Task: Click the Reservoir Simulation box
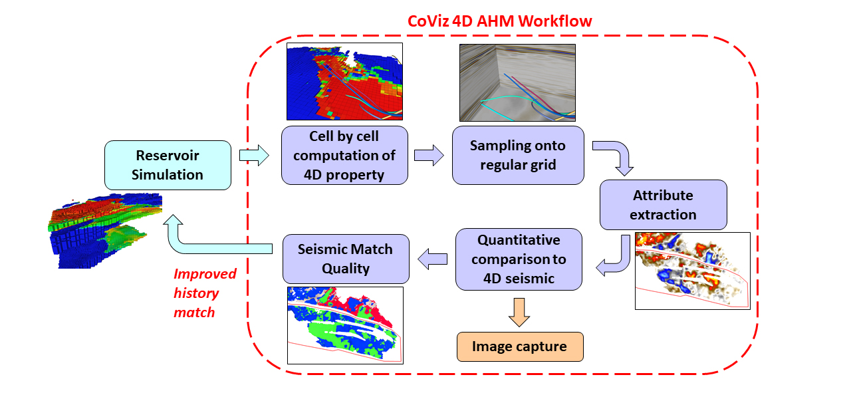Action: point(168,166)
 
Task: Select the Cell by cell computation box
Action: point(344,155)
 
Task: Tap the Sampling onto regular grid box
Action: point(517,155)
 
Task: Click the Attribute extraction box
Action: point(663,205)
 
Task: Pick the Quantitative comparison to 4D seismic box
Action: point(519,259)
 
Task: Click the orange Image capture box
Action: point(519,346)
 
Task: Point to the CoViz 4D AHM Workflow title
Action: point(499,21)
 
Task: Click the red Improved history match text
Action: point(204,293)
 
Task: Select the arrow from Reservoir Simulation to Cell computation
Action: point(253,156)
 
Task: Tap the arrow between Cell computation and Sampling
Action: point(428,156)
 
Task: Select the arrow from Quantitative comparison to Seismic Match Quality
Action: point(431,257)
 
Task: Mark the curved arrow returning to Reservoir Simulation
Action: point(199,239)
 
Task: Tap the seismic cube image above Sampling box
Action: point(517,82)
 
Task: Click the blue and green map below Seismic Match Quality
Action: point(345,325)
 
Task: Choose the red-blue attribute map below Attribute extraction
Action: point(692,271)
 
